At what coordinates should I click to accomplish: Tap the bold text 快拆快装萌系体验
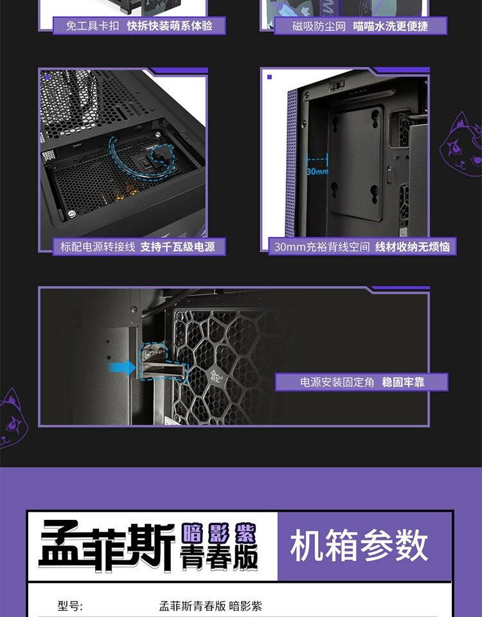coord(169,26)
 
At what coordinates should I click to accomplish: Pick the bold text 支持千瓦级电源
coord(178,247)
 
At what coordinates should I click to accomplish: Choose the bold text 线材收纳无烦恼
coord(413,247)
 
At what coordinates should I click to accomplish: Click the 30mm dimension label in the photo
coord(316,172)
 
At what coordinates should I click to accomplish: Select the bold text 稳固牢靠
coord(404,382)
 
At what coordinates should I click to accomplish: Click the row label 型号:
coord(71,606)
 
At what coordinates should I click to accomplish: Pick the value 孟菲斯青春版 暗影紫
coord(210,606)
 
